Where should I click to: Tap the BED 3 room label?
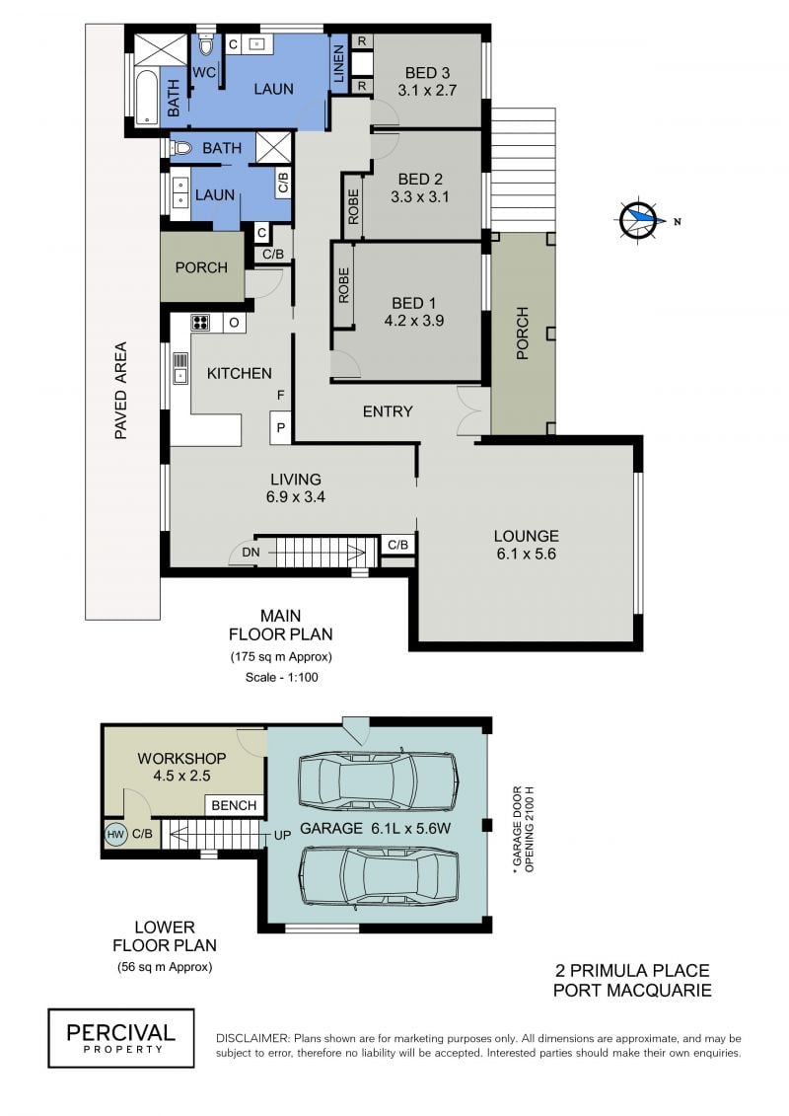(427, 73)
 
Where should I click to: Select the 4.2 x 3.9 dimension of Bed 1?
(414, 321)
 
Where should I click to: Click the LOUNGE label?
(527, 536)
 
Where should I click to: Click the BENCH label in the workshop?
(234, 805)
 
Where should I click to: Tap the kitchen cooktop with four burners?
(200, 323)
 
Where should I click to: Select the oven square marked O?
(234, 323)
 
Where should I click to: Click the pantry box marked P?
(281, 427)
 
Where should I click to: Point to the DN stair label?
(251, 553)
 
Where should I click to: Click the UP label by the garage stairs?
(282, 835)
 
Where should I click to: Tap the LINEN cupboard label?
(338, 63)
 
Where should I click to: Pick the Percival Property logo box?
(121, 1038)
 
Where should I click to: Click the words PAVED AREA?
(121, 391)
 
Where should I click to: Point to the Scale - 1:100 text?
(282, 678)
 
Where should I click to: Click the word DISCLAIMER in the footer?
(252, 1039)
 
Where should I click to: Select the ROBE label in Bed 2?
(354, 205)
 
